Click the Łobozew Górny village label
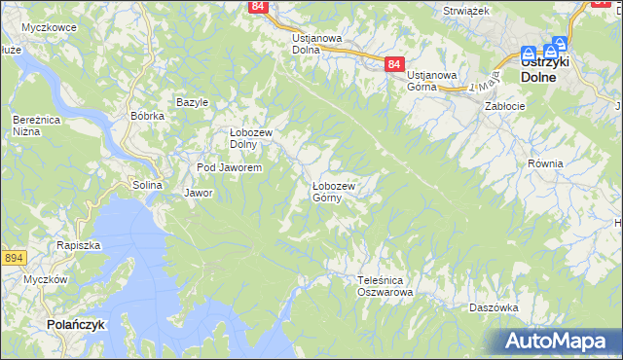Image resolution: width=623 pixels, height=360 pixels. click(339, 191)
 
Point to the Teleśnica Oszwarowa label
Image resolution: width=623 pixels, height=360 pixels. click(385, 285)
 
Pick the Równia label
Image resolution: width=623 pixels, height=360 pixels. click(545, 163)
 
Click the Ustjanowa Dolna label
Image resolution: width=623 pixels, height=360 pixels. click(317, 44)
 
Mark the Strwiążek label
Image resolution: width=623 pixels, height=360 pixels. click(464, 10)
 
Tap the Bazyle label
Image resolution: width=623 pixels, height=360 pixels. click(192, 102)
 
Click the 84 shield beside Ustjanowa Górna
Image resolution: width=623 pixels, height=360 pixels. click(393, 64)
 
